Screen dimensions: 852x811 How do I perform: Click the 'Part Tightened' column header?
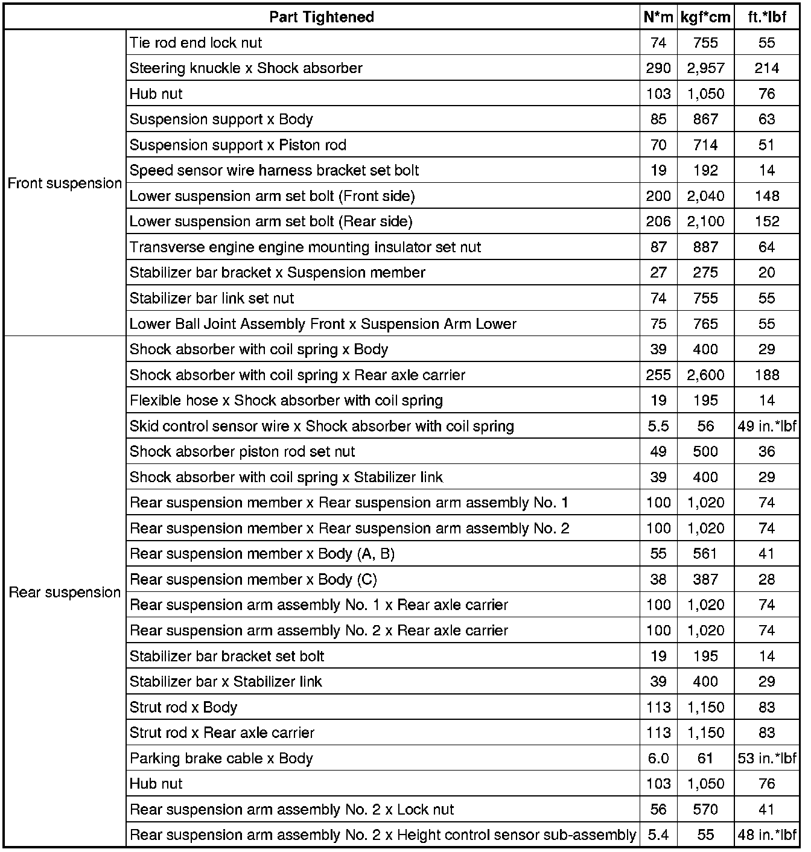[322, 17]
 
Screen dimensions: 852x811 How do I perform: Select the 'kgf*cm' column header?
[705, 17]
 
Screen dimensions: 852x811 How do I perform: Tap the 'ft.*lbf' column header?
[767, 17]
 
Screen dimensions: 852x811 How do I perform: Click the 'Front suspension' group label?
[65, 183]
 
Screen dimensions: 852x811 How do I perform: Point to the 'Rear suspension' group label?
[65, 593]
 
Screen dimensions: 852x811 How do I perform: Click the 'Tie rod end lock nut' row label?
[196, 43]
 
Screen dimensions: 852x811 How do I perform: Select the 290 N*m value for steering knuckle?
[658, 68]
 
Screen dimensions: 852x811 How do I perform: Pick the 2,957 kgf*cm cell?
[705, 68]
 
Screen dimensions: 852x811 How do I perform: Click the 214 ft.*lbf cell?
[767, 68]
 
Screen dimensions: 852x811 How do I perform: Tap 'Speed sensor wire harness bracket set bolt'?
[275, 171]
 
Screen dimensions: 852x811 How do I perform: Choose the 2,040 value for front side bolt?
[705, 196]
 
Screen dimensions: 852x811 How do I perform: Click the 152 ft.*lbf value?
[767, 221]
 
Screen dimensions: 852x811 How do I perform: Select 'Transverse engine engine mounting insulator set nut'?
[305, 247]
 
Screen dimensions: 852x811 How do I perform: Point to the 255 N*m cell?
[658, 375]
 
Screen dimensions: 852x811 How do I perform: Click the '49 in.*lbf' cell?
[767, 427]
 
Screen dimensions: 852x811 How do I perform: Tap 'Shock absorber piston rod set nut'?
[243, 452]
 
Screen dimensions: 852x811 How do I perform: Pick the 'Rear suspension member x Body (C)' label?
[253, 580]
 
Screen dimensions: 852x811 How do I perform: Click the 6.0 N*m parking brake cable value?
[658, 758]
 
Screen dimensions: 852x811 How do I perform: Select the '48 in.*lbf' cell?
[767, 835]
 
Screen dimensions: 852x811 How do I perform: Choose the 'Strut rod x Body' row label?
[183, 707]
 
